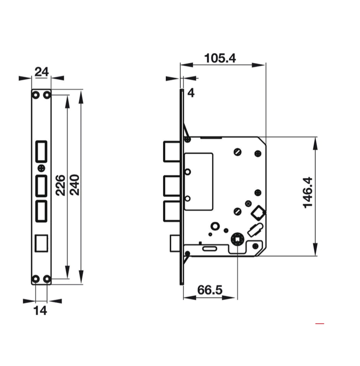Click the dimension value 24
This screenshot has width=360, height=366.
pyautogui.click(x=41, y=71)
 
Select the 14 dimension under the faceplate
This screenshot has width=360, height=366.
pyautogui.click(x=40, y=311)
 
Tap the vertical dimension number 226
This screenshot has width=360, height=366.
pyautogui.click(x=61, y=185)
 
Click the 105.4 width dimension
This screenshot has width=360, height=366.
pyautogui.click(x=220, y=58)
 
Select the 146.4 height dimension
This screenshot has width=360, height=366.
pyautogui.click(x=308, y=192)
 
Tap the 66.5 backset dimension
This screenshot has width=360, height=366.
pyautogui.click(x=210, y=290)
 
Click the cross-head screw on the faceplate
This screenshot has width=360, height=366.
pyautogui.click(x=41, y=168)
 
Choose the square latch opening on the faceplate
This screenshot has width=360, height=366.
pyautogui.click(x=41, y=243)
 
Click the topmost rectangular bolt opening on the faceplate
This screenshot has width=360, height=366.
pyautogui.click(x=41, y=151)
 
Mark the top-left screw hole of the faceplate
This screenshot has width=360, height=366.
pyautogui.click(x=35, y=94)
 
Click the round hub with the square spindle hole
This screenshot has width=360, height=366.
pyautogui.click(x=237, y=240)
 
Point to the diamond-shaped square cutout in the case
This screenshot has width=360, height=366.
pyautogui.click(x=258, y=213)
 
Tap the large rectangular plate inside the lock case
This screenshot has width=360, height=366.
pyautogui.click(x=198, y=181)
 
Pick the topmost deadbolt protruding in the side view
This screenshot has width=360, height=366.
pyautogui.click(x=171, y=151)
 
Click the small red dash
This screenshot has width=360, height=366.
pyautogui.click(x=320, y=324)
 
